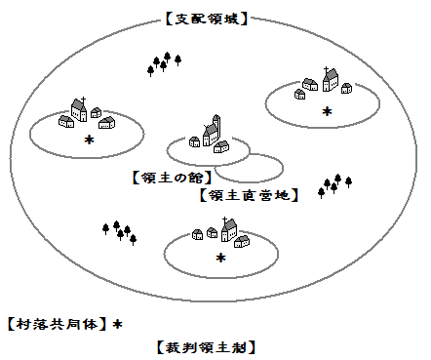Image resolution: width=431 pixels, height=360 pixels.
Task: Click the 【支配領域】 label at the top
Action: coord(207,19)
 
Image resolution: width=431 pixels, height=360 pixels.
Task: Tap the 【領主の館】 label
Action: coord(173,178)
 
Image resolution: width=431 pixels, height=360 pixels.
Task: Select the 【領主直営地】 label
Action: coord(249,195)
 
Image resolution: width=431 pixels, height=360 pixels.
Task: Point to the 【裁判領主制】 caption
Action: coord(207,347)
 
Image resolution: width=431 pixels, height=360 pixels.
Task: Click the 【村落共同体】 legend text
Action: coord(57,324)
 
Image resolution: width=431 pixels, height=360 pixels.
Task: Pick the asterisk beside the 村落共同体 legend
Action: coord(117,324)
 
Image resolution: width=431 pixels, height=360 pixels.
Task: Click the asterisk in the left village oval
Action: coord(89,140)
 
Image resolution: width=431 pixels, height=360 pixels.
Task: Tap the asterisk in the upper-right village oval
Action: coord(327,111)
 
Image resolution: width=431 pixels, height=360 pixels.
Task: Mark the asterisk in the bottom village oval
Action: coord(220,258)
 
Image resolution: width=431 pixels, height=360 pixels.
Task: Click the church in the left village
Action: coord(79,109)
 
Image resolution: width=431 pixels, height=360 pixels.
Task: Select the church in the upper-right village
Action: coord(331,79)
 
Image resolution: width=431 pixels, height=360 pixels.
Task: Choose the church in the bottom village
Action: coord(229,229)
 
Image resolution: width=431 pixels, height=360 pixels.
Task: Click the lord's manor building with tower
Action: coord(212,131)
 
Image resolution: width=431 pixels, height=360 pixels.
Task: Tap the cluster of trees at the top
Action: coord(164,64)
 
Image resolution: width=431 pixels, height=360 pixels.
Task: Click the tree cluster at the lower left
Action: coord(119,232)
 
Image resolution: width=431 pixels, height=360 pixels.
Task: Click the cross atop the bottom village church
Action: coord(224,221)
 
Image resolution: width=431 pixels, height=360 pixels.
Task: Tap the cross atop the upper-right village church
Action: coord(326,70)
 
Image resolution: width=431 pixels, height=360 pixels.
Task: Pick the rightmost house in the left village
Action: coord(107,123)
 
